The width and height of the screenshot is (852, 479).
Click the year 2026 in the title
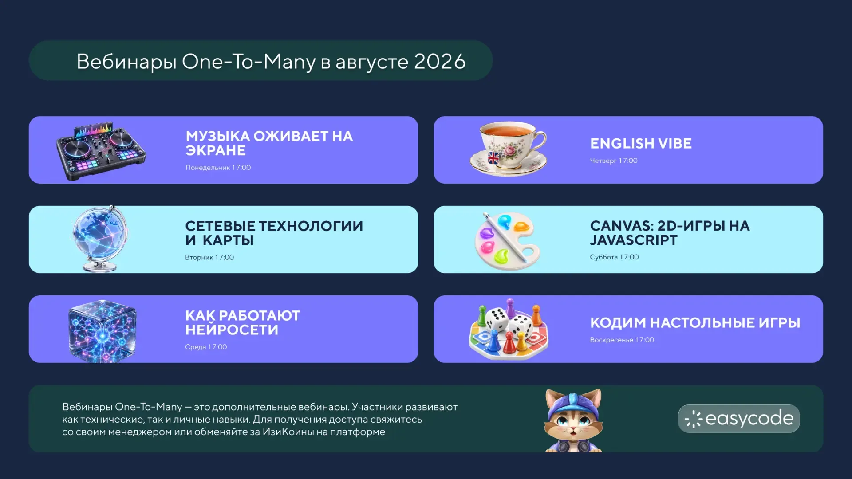(440, 61)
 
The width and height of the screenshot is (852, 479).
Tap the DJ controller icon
(101, 151)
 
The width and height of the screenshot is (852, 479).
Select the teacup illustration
(509, 149)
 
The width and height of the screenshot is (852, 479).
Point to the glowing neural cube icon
(102, 331)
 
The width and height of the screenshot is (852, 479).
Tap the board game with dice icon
(509, 329)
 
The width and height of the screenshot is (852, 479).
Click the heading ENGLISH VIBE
(641, 144)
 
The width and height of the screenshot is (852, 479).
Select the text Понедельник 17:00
(218, 168)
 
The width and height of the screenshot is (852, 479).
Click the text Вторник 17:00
(209, 257)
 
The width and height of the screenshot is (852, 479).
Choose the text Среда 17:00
(206, 347)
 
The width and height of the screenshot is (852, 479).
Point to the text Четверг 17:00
(614, 161)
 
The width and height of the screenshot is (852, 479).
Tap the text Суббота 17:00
(614, 257)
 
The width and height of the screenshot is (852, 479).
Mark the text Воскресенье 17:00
(622, 340)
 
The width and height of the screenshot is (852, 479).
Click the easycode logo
(739, 419)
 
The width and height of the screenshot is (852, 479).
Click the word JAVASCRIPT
(634, 240)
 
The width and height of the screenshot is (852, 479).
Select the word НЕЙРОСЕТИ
(232, 330)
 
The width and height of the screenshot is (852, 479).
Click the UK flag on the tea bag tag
(493, 158)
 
